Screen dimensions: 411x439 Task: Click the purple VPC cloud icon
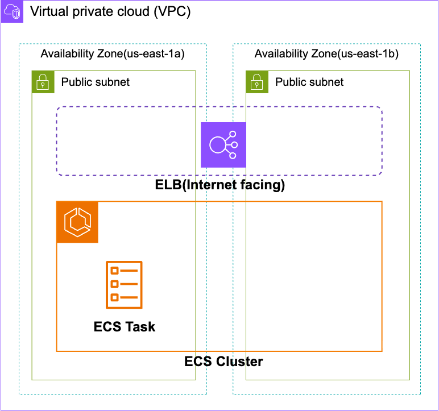[12, 12]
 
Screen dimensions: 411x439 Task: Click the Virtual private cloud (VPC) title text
[110, 12]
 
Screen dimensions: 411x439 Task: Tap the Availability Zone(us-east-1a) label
[113, 54]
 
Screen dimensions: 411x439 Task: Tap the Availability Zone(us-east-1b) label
[326, 54]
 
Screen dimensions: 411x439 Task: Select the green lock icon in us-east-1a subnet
[43, 82]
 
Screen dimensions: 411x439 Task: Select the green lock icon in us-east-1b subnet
[256, 82]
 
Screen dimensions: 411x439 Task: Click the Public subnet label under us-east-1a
[96, 82]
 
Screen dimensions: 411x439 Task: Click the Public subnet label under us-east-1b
[309, 82]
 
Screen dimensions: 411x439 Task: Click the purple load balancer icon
[223, 145]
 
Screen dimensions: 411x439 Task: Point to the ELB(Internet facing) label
[219, 185]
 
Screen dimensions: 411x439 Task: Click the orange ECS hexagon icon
[77, 222]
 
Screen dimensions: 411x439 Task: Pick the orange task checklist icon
[124, 285]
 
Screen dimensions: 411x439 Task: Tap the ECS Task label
[124, 327]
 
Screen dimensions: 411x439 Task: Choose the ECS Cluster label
[223, 361]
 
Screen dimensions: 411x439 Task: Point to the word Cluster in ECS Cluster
[238, 361]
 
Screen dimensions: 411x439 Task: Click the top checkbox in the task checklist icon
[114, 269]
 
